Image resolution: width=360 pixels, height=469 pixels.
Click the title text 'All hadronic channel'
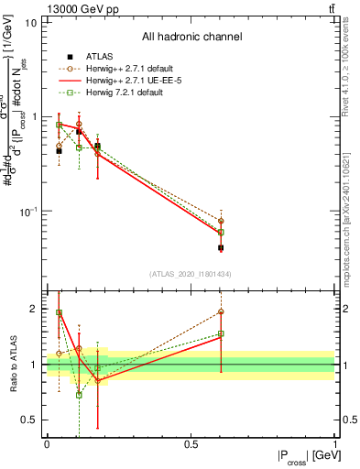(x=191, y=38)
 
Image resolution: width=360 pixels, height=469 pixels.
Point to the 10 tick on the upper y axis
(x=32, y=22)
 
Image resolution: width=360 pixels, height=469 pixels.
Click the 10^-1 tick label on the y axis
(x=27, y=212)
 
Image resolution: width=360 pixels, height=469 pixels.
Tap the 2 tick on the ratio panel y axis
(x=36, y=309)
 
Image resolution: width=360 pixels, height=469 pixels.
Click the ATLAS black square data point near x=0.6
(x=221, y=247)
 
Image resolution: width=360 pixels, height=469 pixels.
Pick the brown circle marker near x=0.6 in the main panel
(x=221, y=222)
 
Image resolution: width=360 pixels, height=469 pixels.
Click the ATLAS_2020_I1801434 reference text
(x=191, y=274)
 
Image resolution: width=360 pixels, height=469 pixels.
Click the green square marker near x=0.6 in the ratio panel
(x=221, y=334)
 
